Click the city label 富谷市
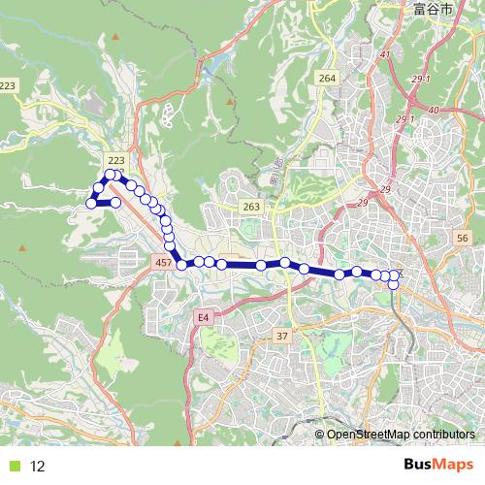click(x=431, y=11)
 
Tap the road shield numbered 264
click(x=326, y=79)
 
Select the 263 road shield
click(x=251, y=207)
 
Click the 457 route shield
click(x=162, y=263)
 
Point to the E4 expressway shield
click(x=203, y=317)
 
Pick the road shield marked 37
click(x=283, y=336)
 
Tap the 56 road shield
click(x=462, y=239)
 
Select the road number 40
click(x=433, y=110)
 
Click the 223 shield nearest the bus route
click(x=116, y=160)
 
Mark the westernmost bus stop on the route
click(x=92, y=203)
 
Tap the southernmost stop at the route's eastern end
click(x=393, y=283)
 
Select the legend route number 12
click(x=38, y=466)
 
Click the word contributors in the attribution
click(x=444, y=435)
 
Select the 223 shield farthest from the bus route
click(x=9, y=86)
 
